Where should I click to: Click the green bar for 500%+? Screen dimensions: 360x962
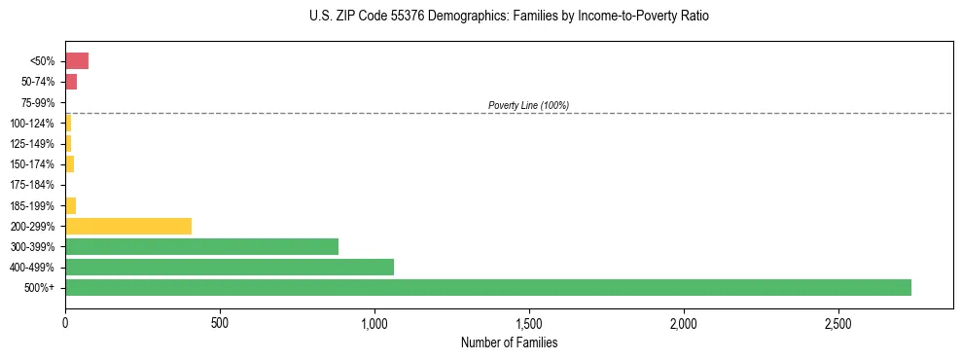[x=487, y=287]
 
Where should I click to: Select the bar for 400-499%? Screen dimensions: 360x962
[x=229, y=267]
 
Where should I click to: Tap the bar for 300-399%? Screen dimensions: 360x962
[x=201, y=246]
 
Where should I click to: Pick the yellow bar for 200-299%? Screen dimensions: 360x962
[x=128, y=226]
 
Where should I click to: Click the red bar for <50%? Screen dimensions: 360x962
[x=77, y=61]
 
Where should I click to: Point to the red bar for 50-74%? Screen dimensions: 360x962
[x=71, y=82]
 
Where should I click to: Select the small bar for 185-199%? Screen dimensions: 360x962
[x=70, y=205]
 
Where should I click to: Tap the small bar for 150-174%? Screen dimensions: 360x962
[x=69, y=164]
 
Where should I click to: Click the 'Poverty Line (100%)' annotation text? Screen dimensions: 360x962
[x=528, y=105]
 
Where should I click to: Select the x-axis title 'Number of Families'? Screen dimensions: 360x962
[x=509, y=342]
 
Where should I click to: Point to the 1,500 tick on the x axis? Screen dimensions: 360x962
[x=529, y=322]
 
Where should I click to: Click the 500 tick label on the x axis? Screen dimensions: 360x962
[x=220, y=322]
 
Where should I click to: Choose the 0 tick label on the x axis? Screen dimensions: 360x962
[x=65, y=322]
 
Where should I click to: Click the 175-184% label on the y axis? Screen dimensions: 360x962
[x=33, y=185]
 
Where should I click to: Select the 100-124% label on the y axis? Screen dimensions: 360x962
[x=33, y=124]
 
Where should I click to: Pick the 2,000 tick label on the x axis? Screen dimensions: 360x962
[x=684, y=322]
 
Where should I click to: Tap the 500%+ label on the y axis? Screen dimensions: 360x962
[x=40, y=288]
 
